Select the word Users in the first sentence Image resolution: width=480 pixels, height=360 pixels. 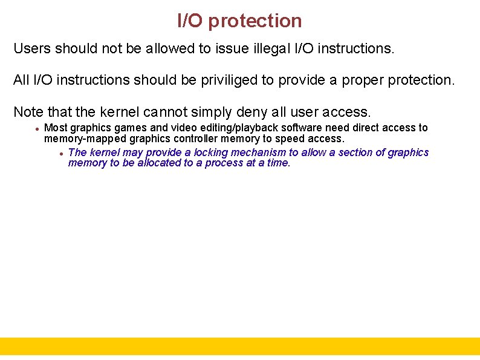click(32, 48)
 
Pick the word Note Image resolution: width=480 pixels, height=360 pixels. click(27, 112)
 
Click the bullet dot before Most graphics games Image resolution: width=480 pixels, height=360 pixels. click(37, 128)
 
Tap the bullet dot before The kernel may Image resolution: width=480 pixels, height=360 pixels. click(62, 153)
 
